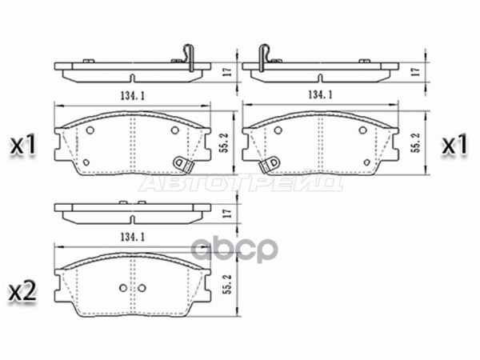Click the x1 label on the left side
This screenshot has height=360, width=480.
pyautogui.click(x=23, y=145)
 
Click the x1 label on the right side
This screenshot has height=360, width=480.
pyautogui.click(x=455, y=145)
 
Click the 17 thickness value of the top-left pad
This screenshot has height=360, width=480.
pyautogui.click(x=226, y=71)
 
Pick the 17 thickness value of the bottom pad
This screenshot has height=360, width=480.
pyautogui.click(x=226, y=214)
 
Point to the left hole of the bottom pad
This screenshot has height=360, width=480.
pyautogui.click(x=121, y=289)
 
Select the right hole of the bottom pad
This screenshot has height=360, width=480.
pyautogui.click(x=142, y=289)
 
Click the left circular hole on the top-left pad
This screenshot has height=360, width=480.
pyautogui.click(x=90, y=131)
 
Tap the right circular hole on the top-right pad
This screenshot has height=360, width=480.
pyautogui.click(x=363, y=131)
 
